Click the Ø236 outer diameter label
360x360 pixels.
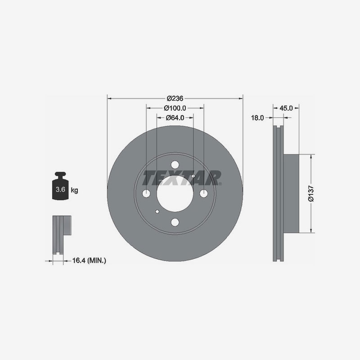point(175,98)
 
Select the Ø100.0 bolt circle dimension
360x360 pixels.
point(175,108)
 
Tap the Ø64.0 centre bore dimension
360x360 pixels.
point(175,117)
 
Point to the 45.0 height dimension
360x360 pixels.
point(286,108)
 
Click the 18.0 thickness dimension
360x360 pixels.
point(257,118)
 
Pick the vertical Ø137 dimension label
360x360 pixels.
point(311,193)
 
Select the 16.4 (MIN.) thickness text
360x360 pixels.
point(89,261)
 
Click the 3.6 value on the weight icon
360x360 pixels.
point(60,189)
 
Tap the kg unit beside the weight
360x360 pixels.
point(74,190)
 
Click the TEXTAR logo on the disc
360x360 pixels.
point(181,178)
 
